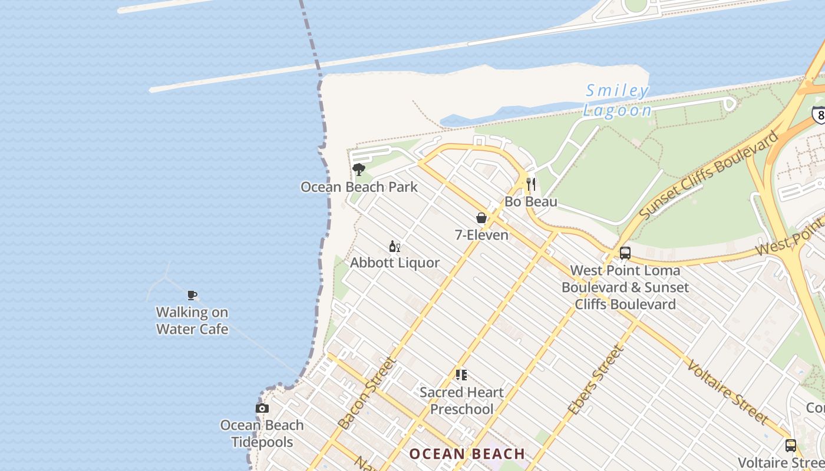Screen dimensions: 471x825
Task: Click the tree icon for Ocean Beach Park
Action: pyautogui.click(x=358, y=170)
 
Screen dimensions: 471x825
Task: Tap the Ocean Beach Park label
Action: pyautogui.click(x=359, y=187)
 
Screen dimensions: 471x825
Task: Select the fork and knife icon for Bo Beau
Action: pyautogui.click(x=531, y=184)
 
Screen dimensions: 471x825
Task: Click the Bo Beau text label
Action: pyautogui.click(x=531, y=202)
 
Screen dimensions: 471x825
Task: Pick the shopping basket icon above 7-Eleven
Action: pyautogui.click(x=481, y=218)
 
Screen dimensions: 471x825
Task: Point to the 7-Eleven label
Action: pyautogui.click(x=481, y=235)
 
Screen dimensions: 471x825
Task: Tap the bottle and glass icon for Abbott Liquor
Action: pyautogui.click(x=394, y=247)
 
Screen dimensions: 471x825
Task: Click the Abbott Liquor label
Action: pyautogui.click(x=395, y=263)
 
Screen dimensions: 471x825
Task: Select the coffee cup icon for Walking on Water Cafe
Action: pyautogui.click(x=192, y=295)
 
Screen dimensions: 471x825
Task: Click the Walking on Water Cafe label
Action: pyautogui.click(x=192, y=320)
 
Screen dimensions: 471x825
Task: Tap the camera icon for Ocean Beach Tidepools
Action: pyautogui.click(x=262, y=408)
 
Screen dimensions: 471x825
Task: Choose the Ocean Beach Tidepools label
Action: pyautogui.click(x=262, y=433)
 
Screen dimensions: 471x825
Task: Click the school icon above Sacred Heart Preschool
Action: pyautogui.click(x=461, y=374)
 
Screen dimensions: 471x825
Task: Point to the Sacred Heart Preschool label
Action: pyautogui.click(x=461, y=400)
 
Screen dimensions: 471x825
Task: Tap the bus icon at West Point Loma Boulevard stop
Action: pyautogui.click(x=625, y=253)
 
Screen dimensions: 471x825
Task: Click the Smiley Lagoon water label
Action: pyautogui.click(x=618, y=101)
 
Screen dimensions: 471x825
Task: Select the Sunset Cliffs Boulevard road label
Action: pyautogui.click(x=708, y=177)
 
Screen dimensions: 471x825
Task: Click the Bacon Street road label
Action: pyautogui.click(x=366, y=393)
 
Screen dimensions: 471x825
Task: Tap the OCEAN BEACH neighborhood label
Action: pyautogui.click(x=467, y=454)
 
